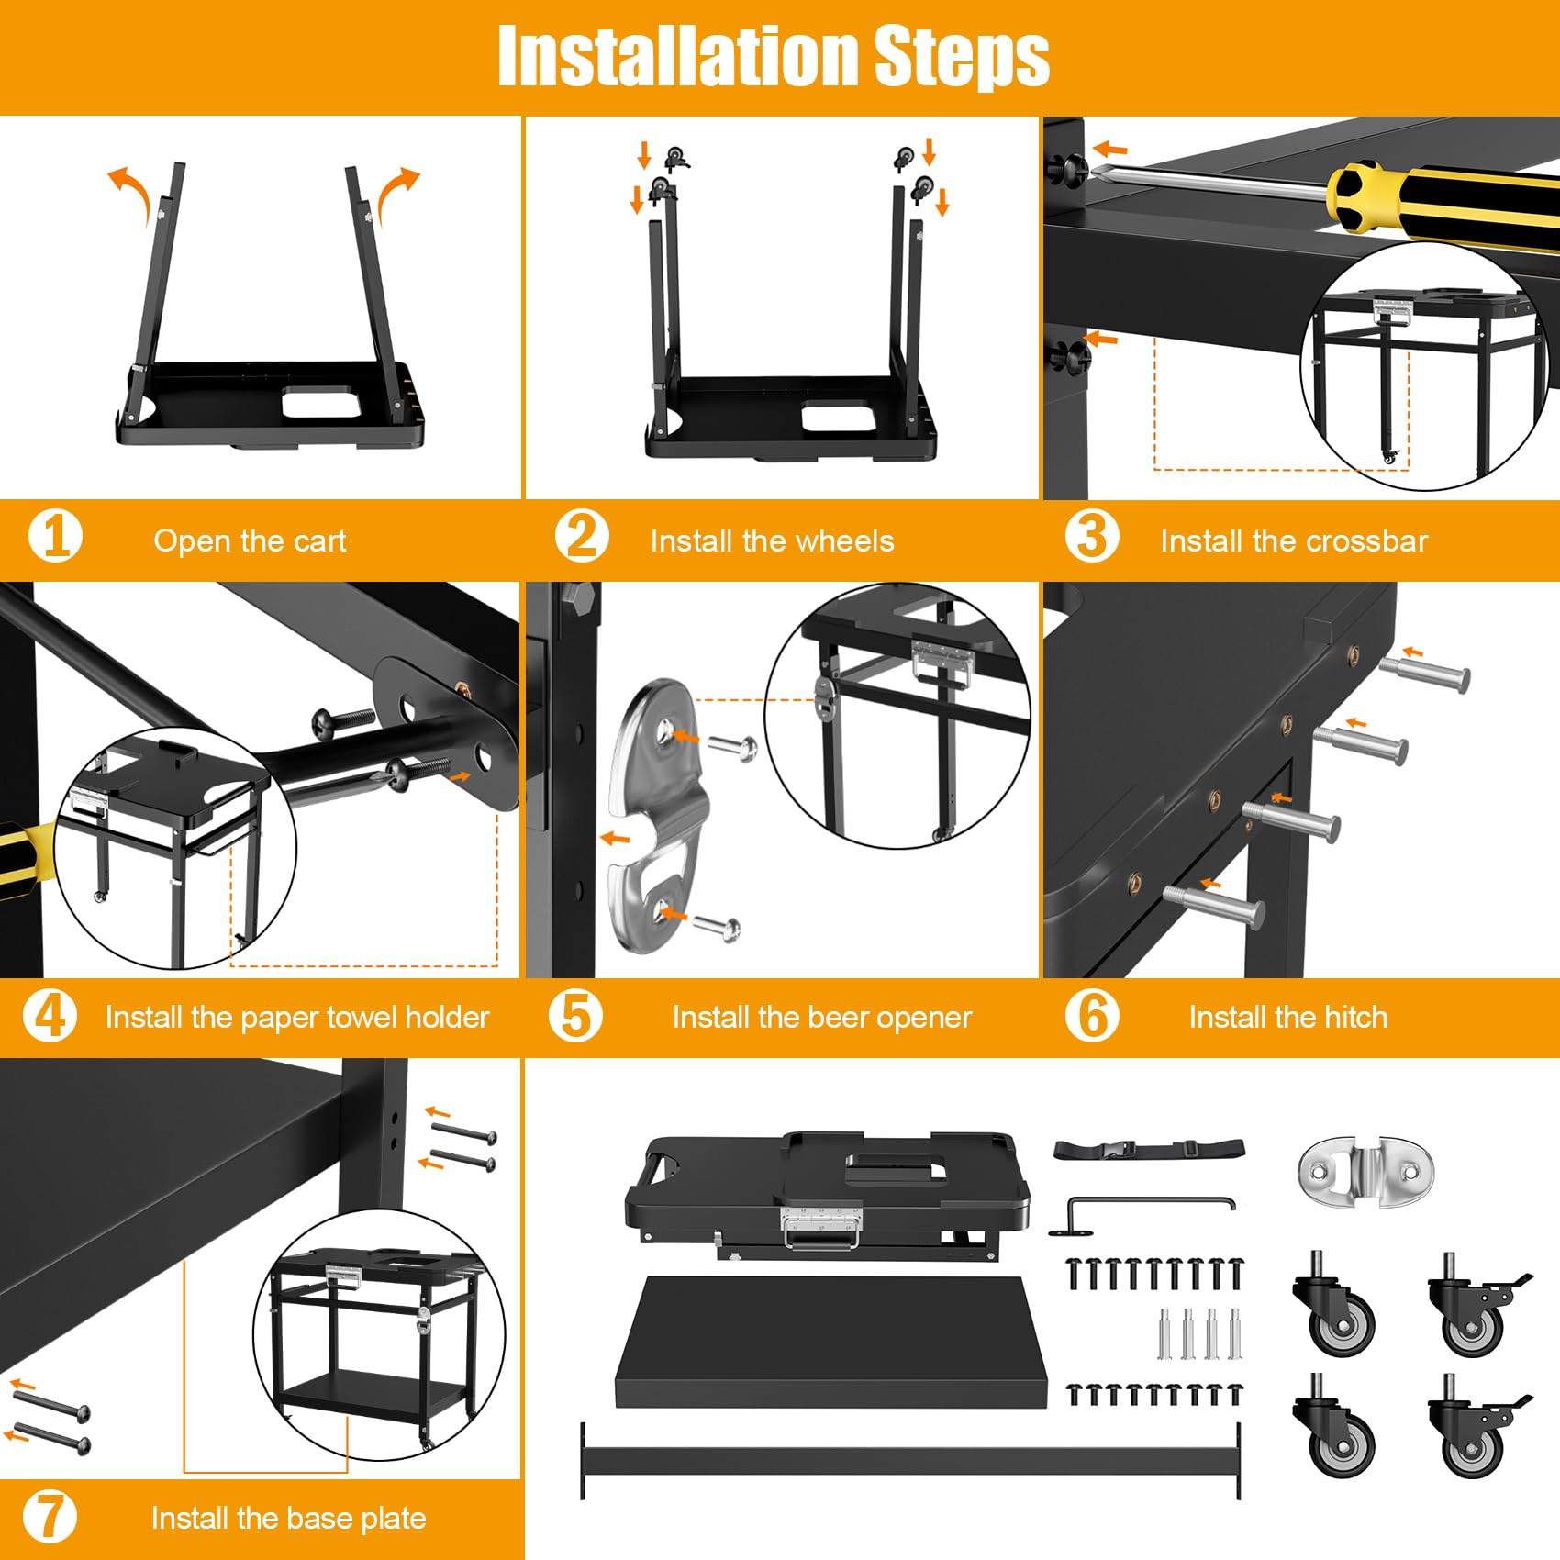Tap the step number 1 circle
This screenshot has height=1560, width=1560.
click(x=55, y=537)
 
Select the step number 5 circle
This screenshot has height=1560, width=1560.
click(x=575, y=1016)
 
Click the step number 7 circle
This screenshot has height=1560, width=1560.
click(x=49, y=1517)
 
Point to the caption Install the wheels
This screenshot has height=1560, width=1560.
click(x=772, y=540)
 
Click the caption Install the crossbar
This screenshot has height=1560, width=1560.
click(x=1294, y=540)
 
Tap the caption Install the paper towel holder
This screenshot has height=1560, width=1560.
click(x=296, y=1017)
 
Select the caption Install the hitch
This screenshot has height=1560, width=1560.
click(x=1287, y=1017)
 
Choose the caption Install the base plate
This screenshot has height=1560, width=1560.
click(x=288, y=1518)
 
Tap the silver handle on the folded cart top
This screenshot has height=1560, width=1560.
click(x=821, y=1228)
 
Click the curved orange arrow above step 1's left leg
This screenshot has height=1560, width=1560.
click(x=129, y=189)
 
